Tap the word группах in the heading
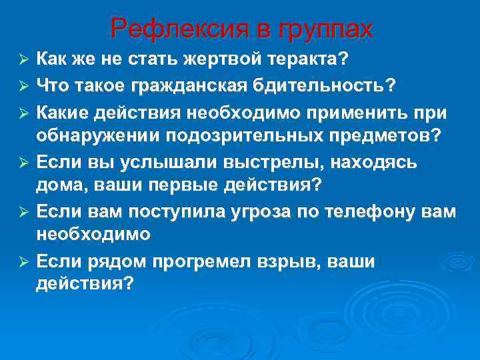[327, 30]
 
